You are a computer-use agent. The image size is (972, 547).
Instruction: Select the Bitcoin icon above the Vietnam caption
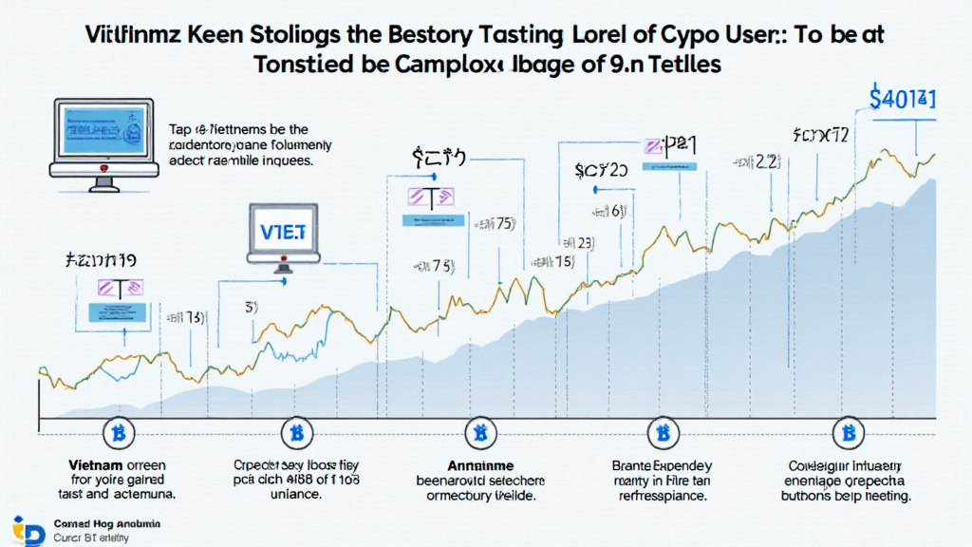click(119, 433)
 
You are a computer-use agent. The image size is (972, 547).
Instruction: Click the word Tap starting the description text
click(180, 130)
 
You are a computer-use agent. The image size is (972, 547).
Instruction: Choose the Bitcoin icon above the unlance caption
click(296, 434)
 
